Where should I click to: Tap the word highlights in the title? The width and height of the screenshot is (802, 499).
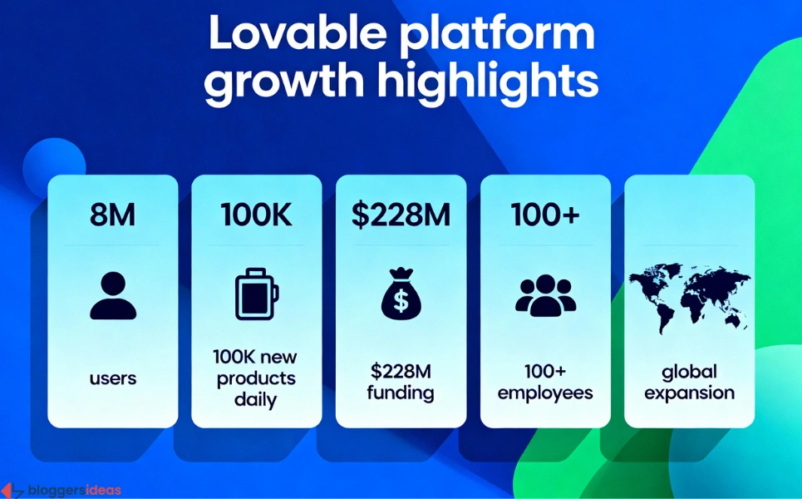tap(487, 83)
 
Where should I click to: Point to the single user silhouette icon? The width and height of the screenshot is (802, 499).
tap(113, 294)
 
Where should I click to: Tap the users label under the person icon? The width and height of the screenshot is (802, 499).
tap(113, 378)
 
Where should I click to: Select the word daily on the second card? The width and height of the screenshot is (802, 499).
tap(256, 400)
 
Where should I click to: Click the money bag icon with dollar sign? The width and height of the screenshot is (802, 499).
tap(401, 294)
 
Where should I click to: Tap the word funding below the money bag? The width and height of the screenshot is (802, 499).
tap(401, 393)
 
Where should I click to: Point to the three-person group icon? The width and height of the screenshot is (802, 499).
tap(545, 294)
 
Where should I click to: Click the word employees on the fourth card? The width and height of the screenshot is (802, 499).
tap(545, 393)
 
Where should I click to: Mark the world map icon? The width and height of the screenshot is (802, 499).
tap(689, 294)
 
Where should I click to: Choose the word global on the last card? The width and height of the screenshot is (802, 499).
tap(689, 371)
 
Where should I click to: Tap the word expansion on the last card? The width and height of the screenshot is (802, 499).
tap(689, 393)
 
